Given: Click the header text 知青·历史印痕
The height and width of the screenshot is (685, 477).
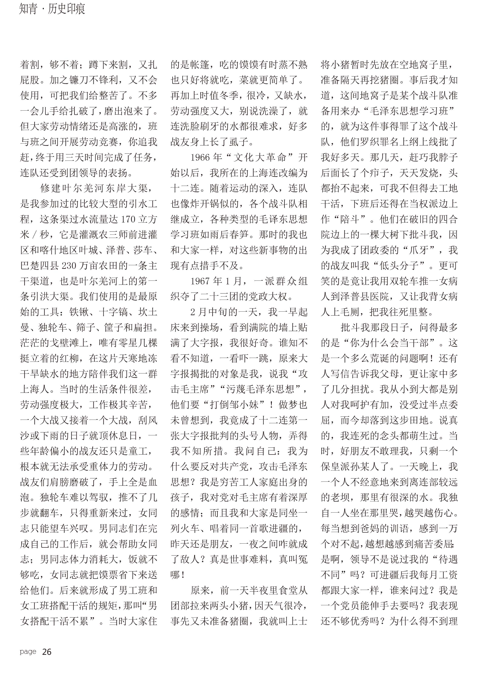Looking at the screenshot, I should pyautogui.click(x=52, y=9).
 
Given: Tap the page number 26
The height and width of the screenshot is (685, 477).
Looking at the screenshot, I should pyautogui.click(x=47, y=652).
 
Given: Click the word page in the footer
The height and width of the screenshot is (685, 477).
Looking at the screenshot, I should pyautogui.click(x=28, y=652).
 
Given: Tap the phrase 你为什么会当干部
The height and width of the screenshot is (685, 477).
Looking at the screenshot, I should pyautogui.click(x=389, y=343).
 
